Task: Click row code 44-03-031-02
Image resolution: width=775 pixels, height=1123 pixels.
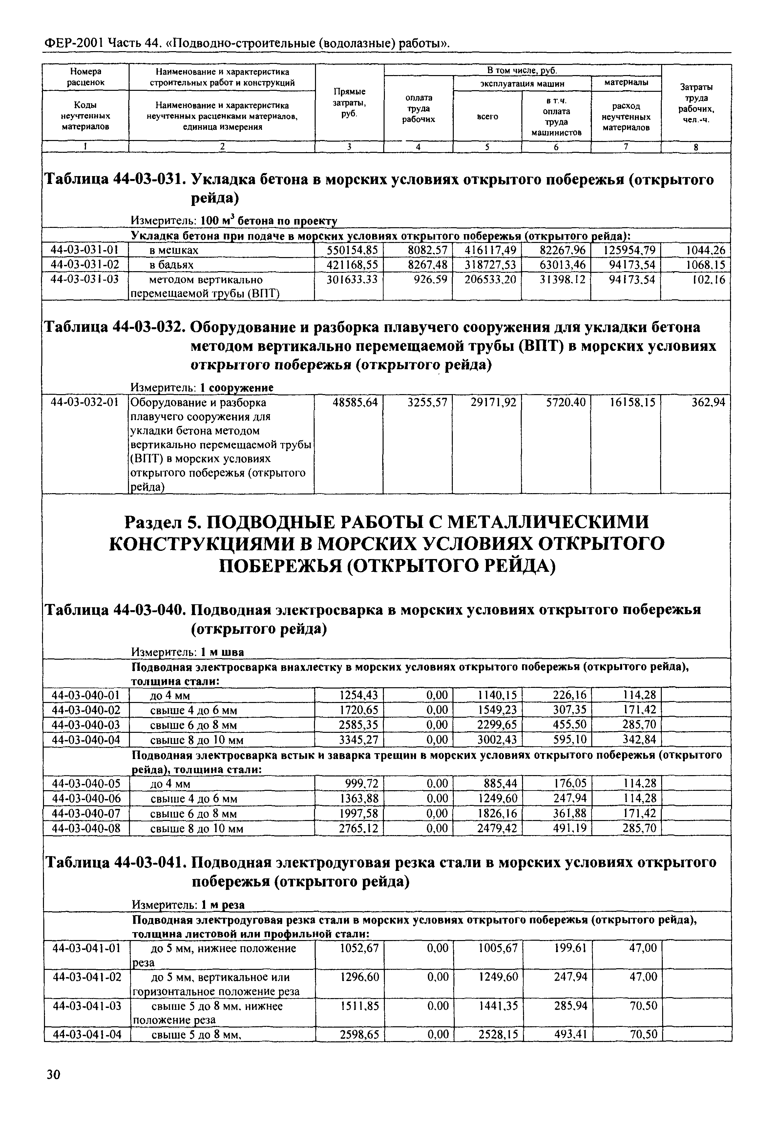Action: click(x=85, y=265)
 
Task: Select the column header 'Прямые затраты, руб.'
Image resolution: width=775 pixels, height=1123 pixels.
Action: click(x=349, y=102)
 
